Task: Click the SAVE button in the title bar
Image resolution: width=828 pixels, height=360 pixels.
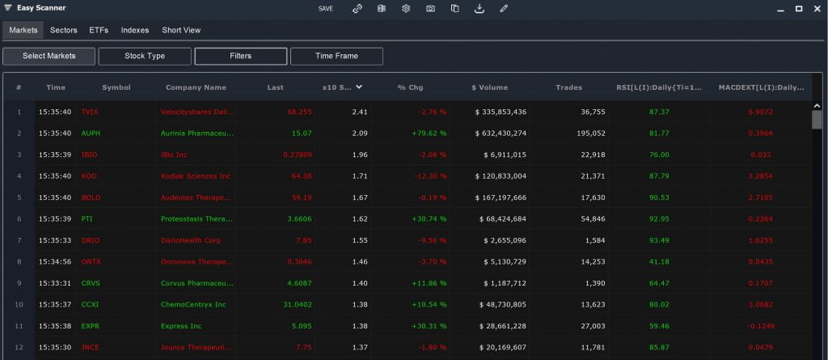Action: click(325, 8)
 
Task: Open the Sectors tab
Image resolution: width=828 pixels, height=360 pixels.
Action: click(63, 30)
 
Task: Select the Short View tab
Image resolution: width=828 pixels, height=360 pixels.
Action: click(181, 30)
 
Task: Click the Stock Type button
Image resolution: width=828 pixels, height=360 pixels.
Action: click(145, 56)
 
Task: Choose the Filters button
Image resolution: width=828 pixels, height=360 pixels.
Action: click(240, 56)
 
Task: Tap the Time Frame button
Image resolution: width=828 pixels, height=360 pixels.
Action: click(336, 56)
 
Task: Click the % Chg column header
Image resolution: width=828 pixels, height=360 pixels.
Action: click(410, 87)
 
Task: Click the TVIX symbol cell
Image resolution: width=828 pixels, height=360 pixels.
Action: click(89, 112)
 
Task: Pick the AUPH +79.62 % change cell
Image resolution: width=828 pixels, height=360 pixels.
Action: click(429, 133)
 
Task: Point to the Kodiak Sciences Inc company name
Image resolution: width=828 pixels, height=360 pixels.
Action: click(195, 176)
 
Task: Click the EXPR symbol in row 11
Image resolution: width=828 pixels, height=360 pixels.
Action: click(91, 326)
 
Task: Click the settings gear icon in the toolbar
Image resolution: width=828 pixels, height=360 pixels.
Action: click(406, 8)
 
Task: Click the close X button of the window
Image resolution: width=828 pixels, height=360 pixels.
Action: click(817, 8)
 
